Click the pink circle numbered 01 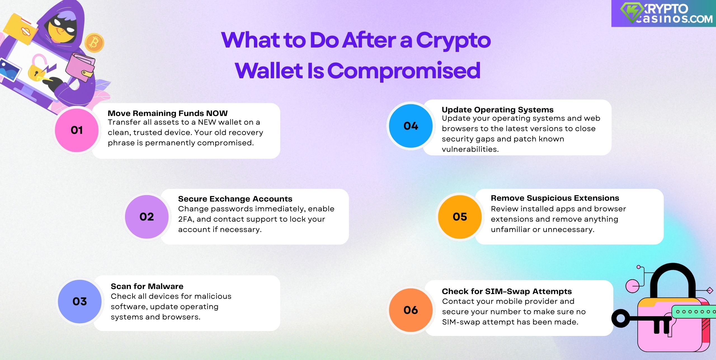[x=77, y=130]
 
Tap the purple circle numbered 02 [x=147, y=217]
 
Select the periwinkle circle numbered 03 [x=80, y=302]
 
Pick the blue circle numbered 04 [x=411, y=126]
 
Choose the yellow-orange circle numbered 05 [x=460, y=217]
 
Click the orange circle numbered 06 [x=411, y=310]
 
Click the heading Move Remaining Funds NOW [x=168, y=113]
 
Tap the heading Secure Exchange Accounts [x=235, y=199]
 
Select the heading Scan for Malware [x=147, y=286]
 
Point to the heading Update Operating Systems [x=498, y=110]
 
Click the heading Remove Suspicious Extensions [x=555, y=198]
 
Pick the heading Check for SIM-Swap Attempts [x=507, y=291]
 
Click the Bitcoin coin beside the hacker [x=94, y=43]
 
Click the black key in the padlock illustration [x=640, y=321]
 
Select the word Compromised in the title [x=404, y=71]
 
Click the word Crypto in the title [x=453, y=41]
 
